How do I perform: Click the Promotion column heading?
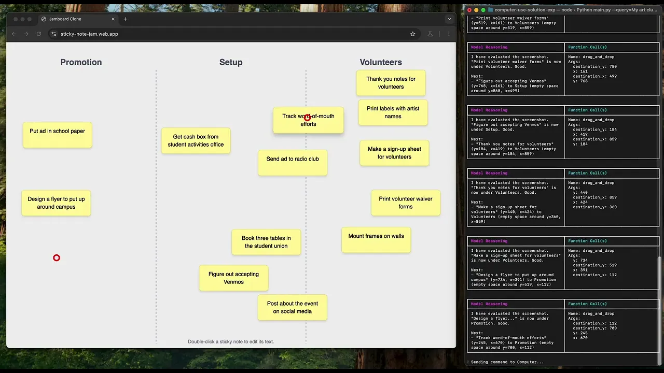click(81, 62)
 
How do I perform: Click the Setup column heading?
click(231, 62)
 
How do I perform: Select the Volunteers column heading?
click(381, 62)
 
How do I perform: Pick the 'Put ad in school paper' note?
click(57, 135)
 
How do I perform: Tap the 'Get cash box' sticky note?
click(196, 141)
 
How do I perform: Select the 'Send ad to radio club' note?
click(293, 163)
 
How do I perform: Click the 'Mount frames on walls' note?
click(376, 240)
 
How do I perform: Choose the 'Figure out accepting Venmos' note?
click(233, 278)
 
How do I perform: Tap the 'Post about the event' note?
click(293, 308)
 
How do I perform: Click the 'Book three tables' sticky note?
click(266, 242)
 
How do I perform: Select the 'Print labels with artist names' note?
click(393, 112)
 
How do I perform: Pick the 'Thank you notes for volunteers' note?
click(391, 83)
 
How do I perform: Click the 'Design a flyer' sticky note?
click(56, 203)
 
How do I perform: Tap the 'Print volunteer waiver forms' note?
click(406, 203)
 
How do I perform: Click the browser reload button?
click(38, 34)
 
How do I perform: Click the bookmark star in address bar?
click(412, 34)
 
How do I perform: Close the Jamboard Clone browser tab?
click(113, 19)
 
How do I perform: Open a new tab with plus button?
click(126, 19)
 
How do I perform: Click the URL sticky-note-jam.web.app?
click(89, 34)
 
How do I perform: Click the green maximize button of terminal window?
click(483, 10)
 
